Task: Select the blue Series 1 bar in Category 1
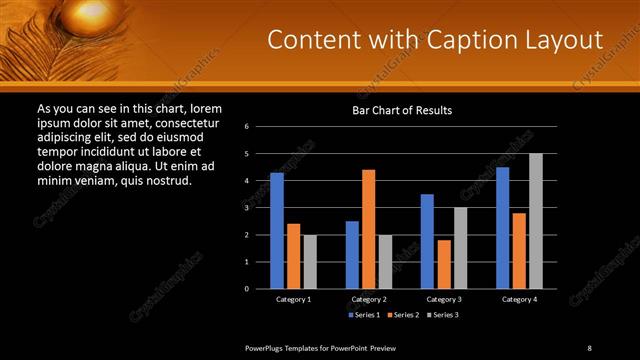(x=276, y=230)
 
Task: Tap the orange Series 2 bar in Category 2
(x=368, y=229)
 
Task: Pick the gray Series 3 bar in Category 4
(x=536, y=221)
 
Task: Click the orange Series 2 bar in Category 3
(x=444, y=264)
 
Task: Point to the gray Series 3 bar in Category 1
(x=310, y=261)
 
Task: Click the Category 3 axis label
(x=444, y=299)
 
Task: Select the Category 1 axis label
(x=293, y=299)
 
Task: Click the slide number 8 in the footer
(x=589, y=347)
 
